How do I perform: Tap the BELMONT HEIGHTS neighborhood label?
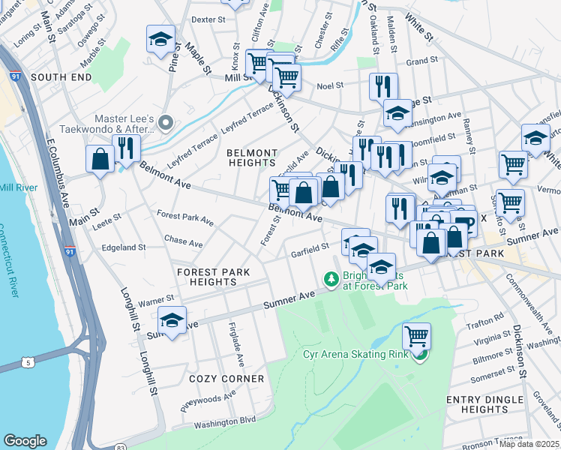252,157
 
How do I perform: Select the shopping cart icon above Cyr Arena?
415,335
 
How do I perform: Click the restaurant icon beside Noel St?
383,85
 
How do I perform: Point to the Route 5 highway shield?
28,363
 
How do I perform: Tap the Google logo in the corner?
25,441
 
